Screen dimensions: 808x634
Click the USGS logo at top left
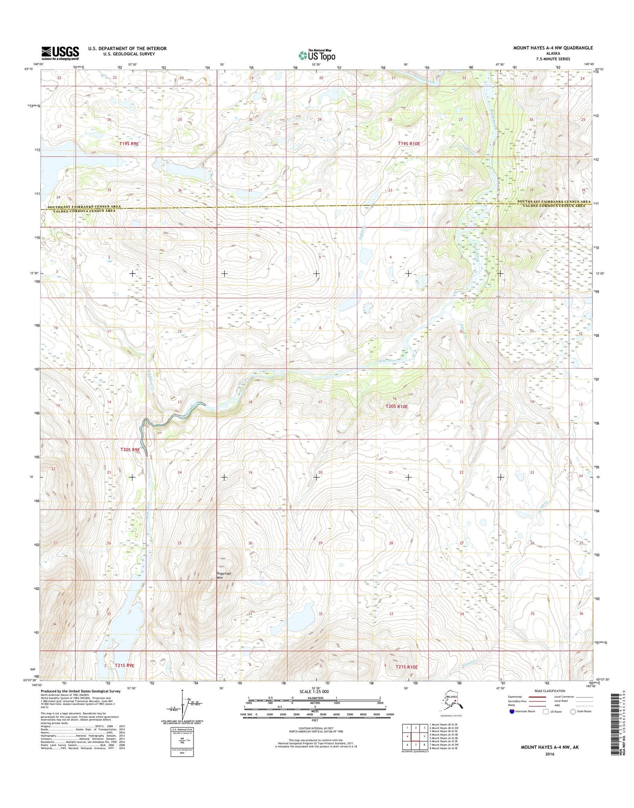pos(60,53)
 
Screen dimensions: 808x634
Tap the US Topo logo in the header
pos(317,55)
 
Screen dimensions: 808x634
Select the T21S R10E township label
pos(406,667)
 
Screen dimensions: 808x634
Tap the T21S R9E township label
pos(125,665)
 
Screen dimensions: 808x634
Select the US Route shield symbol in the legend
pos(546,711)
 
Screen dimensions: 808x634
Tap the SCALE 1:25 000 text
pos(316,692)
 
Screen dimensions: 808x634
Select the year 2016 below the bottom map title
pos(550,754)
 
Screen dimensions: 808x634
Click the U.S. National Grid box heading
pos(182,729)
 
